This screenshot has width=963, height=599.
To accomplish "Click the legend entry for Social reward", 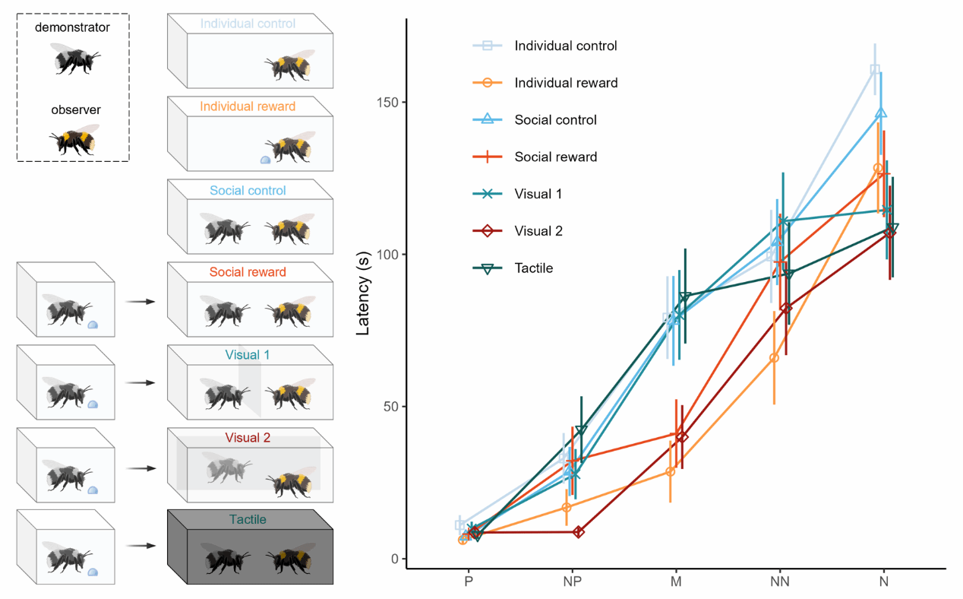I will tap(555, 157).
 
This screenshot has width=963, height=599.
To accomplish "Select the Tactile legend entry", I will tap(533, 268).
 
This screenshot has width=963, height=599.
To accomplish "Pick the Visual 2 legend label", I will tap(538, 231).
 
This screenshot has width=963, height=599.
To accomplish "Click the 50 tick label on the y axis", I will tap(391, 407).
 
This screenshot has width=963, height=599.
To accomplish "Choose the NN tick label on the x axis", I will tap(779, 582).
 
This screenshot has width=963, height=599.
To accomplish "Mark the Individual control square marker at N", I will tap(875, 70).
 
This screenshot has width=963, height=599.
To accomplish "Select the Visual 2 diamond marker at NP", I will tap(579, 532).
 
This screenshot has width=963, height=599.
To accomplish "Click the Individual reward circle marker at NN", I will tap(774, 358).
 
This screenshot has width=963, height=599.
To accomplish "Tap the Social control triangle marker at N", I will tap(880, 113).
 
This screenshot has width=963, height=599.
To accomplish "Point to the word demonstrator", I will tap(72, 28).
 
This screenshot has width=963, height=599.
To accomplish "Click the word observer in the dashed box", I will tap(76, 110).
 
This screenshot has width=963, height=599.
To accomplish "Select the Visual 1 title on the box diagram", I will tap(248, 355).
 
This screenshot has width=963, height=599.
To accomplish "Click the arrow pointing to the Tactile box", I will tap(140, 546).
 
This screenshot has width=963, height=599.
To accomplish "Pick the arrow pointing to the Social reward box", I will tap(140, 302).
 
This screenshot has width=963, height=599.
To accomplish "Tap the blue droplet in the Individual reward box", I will tap(265, 160).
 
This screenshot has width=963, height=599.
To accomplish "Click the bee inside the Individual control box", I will tap(289, 65).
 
